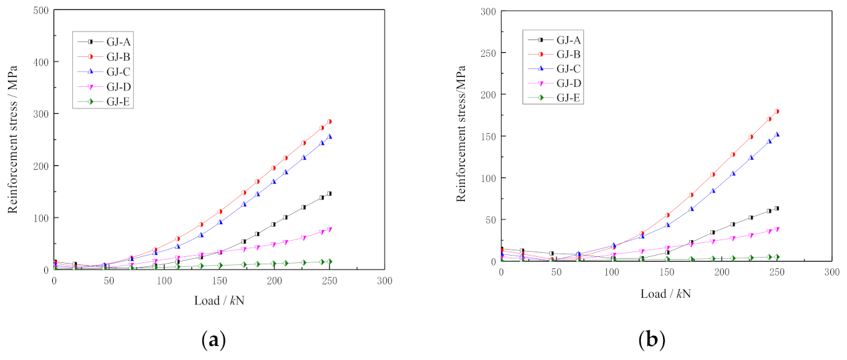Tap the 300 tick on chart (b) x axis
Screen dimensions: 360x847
[x=831, y=272]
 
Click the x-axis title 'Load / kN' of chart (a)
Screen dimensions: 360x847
[x=219, y=300]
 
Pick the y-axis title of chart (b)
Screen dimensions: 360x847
[x=461, y=134]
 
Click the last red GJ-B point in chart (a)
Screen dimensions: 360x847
[x=329, y=122]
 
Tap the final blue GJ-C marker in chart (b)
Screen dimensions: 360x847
[x=777, y=134]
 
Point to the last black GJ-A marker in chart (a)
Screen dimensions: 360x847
[x=329, y=193]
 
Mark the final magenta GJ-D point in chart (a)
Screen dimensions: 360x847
[x=329, y=230]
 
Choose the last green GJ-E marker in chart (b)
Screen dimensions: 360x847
[x=777, y=257]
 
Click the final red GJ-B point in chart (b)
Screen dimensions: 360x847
[x=777, y=112]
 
